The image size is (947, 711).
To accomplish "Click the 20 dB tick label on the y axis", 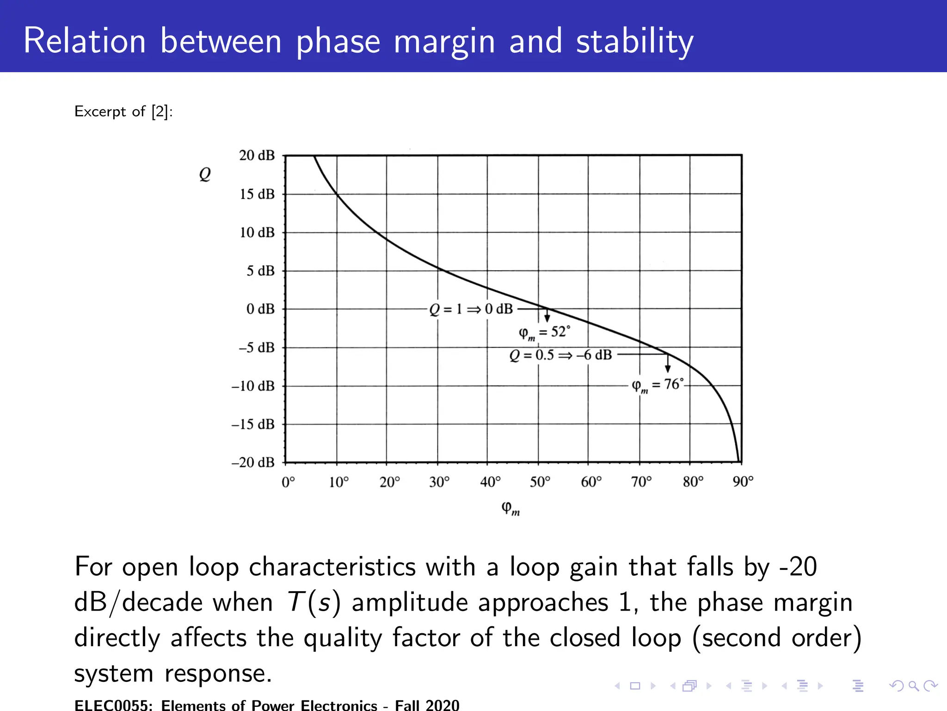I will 257,155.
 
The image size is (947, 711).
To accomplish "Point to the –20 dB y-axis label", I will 253,462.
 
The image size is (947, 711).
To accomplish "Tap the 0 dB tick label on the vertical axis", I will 260,309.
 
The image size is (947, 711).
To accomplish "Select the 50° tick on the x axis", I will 540,482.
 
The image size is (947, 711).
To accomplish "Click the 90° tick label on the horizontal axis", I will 743,482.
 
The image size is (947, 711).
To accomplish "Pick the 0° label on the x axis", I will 288,482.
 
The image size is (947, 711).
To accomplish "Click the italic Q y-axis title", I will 205,174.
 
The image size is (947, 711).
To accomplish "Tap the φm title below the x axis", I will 510,508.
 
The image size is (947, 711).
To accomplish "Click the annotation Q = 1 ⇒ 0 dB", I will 471,309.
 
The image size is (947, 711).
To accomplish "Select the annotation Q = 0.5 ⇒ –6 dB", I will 560,355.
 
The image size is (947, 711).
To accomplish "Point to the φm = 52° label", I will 544,332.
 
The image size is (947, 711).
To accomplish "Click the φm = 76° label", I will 657,385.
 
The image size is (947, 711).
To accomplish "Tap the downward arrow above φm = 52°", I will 547,316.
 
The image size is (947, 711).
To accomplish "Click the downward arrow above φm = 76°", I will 668,364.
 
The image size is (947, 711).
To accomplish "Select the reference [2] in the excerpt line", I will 160,112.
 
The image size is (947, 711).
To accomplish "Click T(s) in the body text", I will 314,603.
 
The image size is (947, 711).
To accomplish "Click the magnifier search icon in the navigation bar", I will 913,686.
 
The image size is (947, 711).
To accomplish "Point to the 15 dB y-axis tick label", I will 257,194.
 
